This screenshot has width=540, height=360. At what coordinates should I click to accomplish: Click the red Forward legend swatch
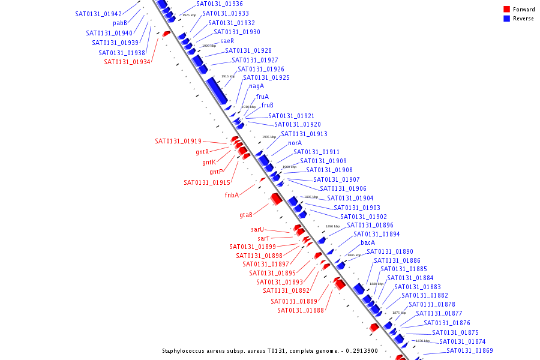[x=506, y=10]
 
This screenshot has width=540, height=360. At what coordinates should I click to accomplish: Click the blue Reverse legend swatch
[x=506, y=19]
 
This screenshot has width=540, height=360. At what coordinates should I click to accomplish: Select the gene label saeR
[x=227, y=41]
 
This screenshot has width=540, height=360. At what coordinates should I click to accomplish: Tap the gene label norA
[x=295, y=143]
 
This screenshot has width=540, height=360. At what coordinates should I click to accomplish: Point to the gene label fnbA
[x=232, y=195]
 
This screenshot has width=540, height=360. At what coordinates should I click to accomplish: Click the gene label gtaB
[x=246, y=215]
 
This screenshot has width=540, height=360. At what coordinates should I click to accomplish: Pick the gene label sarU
[x=257, y=229]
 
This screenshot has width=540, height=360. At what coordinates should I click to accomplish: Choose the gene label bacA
[x=368, y=243]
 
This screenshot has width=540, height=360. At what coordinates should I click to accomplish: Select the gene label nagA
[x=256, y=86]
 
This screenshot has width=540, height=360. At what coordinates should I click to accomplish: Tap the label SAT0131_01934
[x=127, y=62]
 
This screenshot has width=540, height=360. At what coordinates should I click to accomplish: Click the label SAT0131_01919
[x=178, y=142]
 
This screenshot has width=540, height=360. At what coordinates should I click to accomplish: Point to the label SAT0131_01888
[x=301, y=311]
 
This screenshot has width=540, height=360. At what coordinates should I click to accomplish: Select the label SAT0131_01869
[x=470, y=351]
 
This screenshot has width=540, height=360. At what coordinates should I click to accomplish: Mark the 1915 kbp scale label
[x=228, y=76]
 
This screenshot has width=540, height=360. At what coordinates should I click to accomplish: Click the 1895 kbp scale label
[x=311, y=197]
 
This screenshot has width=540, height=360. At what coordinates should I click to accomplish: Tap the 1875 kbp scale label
[x=399, y=313]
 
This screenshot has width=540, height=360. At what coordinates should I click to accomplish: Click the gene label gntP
[x=216, y=172]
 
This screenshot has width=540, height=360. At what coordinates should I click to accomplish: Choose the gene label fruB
[x=267, y=106]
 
